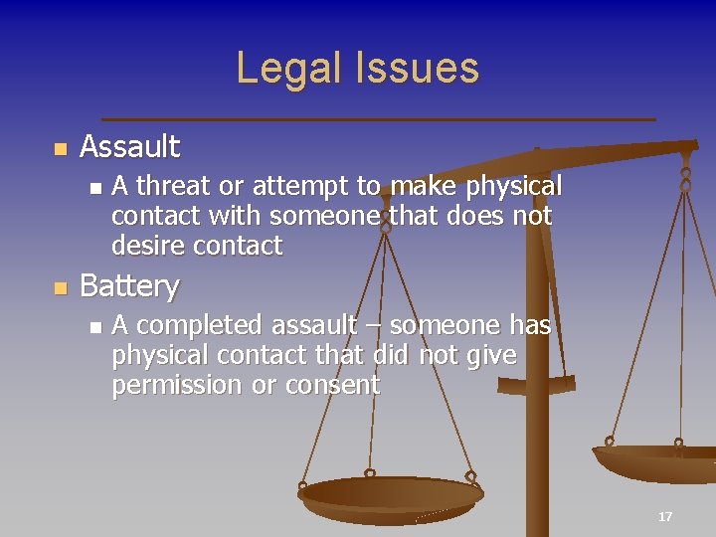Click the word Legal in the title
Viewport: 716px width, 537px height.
(x=281, y=69)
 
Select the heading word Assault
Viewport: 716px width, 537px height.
(x=129, y=147)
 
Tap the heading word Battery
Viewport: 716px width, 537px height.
(x=129, y=286)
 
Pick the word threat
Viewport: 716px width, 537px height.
(x=169, y=186)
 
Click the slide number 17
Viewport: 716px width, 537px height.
(x=665, y=516)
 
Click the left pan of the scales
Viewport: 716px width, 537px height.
(x=390, y=494)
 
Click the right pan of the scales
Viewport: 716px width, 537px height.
(x=656, y=462)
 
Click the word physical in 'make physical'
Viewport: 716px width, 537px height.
(x=505, y=186)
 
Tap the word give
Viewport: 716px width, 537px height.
(x=490, y=355)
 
